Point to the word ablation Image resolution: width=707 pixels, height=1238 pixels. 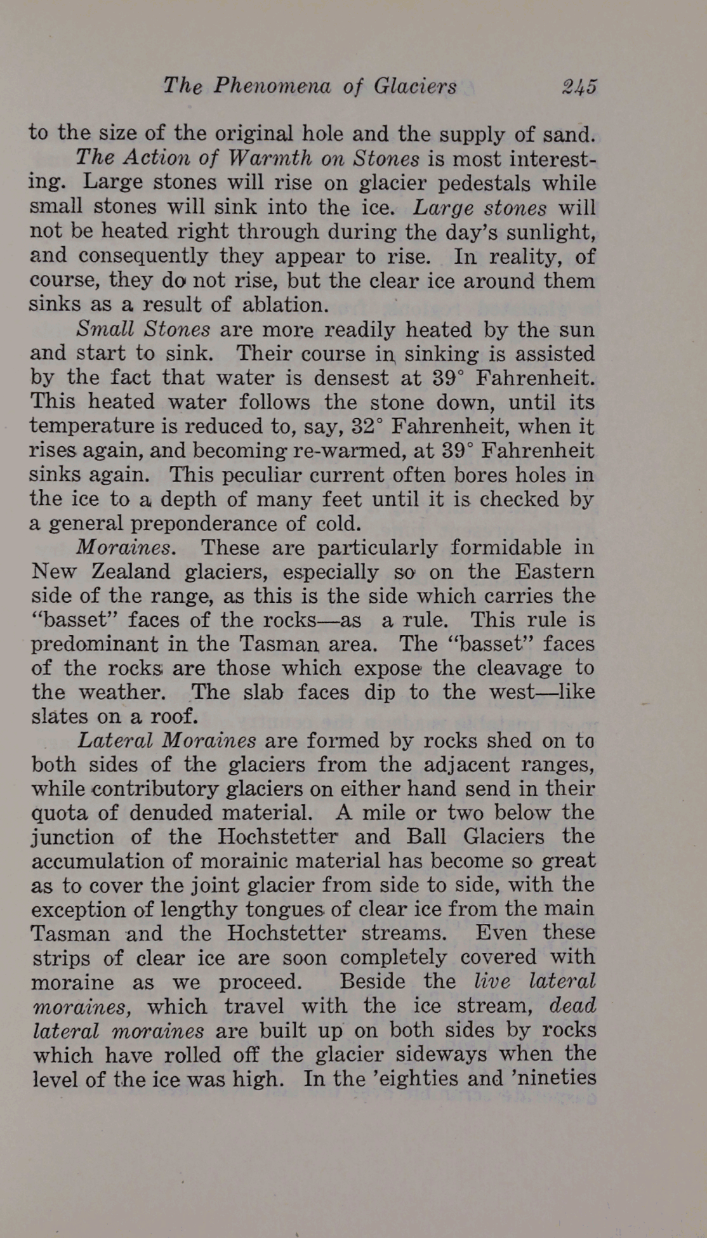coord(286,305)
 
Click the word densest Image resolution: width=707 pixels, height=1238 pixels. coord(352,378)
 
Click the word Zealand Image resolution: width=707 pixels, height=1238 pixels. coord(131,572)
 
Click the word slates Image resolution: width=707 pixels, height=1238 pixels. coord(60,716)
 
